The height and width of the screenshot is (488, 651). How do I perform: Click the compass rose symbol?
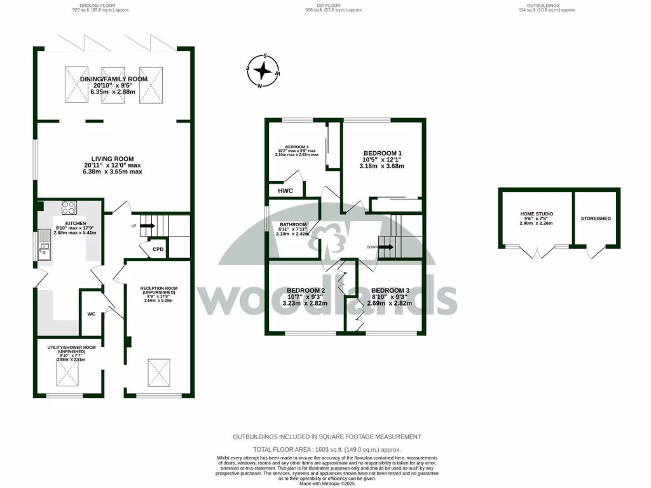[x=263, y=70]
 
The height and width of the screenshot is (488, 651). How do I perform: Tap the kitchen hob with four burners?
[x=69, y=208]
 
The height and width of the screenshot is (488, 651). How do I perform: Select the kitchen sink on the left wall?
[x=45, y=247]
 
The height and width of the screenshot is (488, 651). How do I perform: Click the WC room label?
[x=91, y=313]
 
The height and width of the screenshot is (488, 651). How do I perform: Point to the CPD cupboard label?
[x=158, y=250]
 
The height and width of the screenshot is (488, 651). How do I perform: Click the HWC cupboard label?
[x=285, y=190]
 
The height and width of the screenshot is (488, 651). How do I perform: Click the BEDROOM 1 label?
[x=382, y=153]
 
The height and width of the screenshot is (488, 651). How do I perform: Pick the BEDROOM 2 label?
[x=306, y=290]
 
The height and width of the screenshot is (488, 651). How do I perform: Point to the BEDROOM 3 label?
[x=391, y=290]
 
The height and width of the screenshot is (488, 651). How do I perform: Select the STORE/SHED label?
[x=596, y=219]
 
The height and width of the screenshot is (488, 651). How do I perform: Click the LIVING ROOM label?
[x=112, y=159]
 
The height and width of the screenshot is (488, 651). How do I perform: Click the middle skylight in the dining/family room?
[x=114, y=85]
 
